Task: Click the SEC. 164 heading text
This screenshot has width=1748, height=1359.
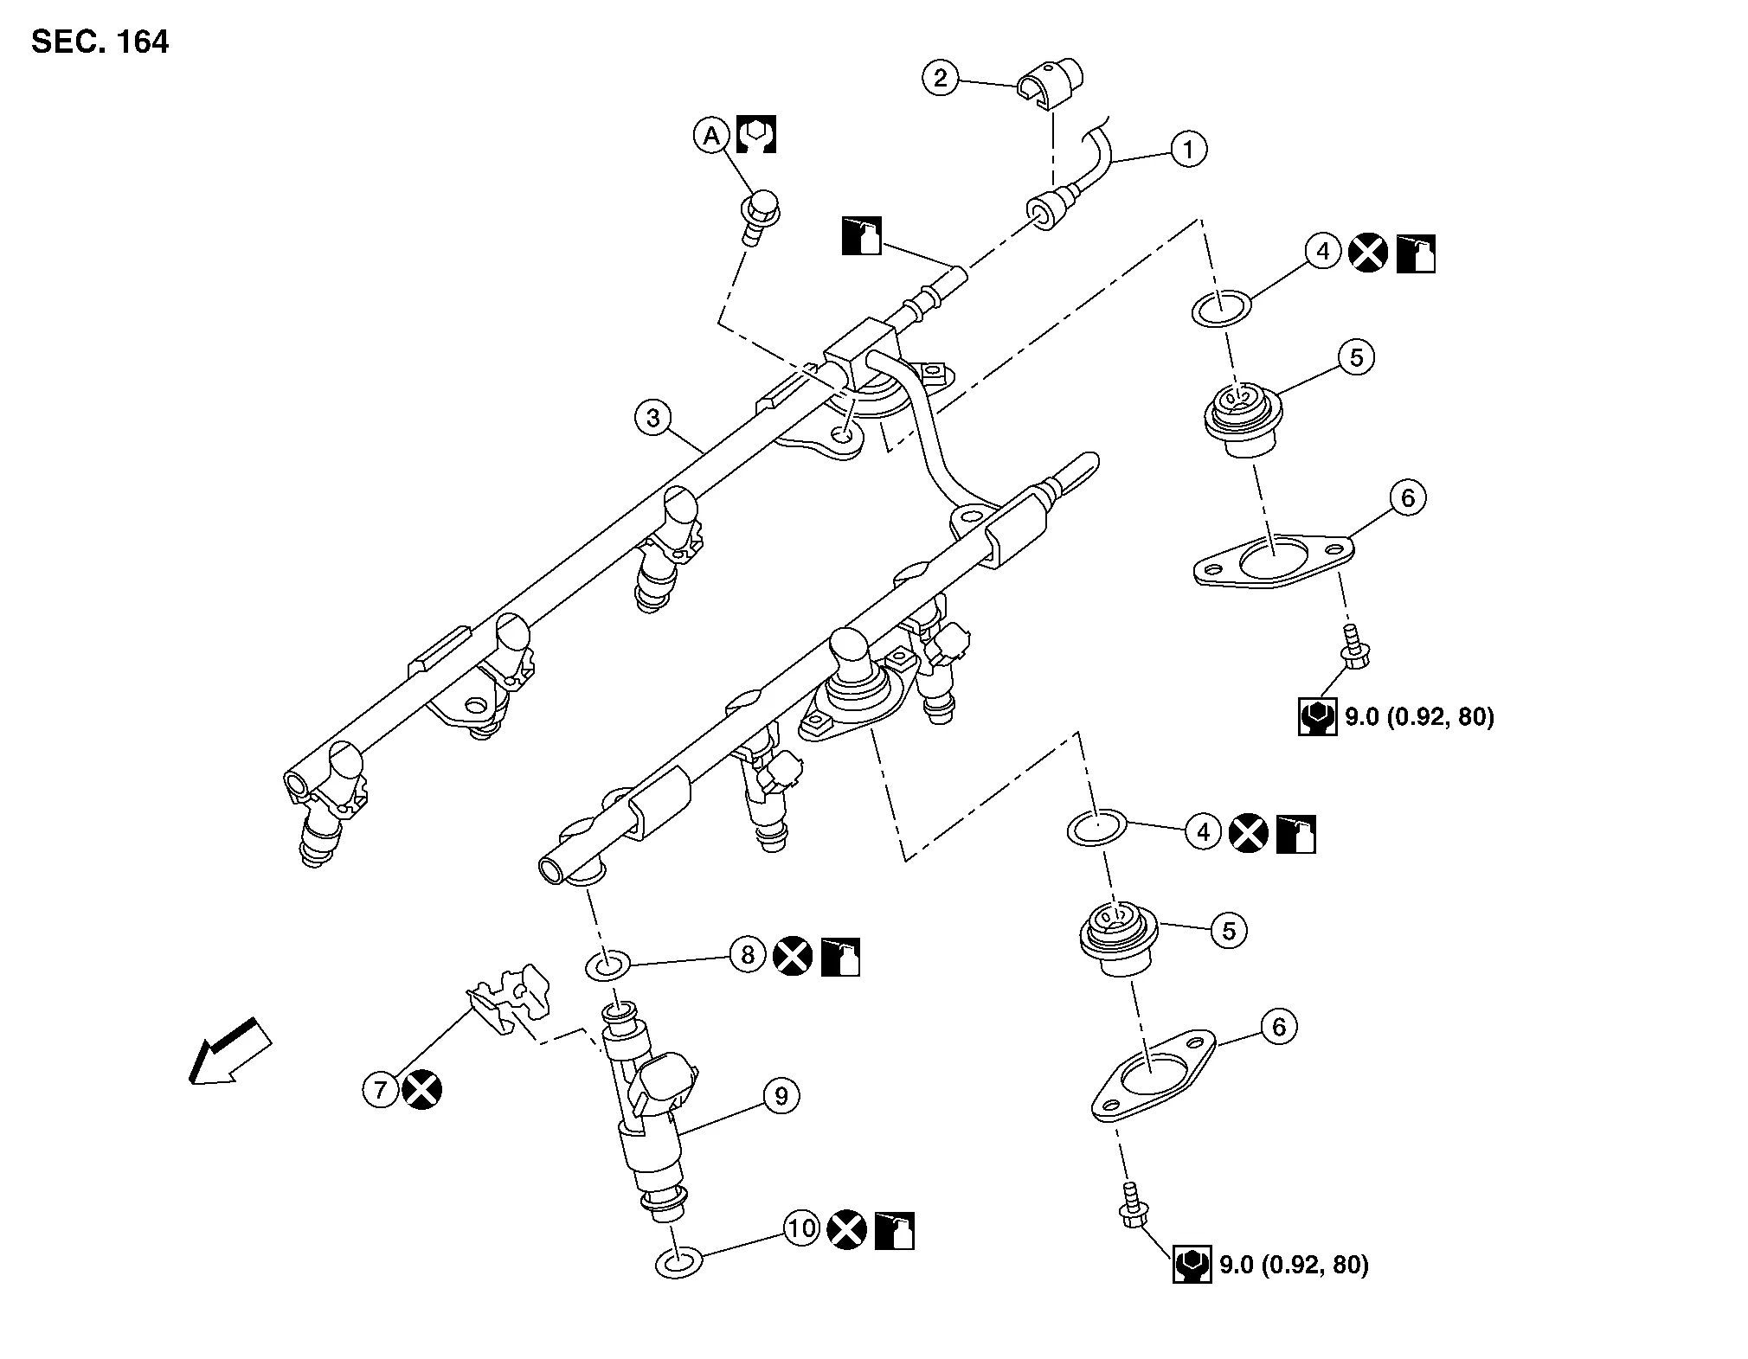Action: click(x=100, y=41)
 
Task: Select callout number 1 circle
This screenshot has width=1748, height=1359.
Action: click(x=1188, y=149)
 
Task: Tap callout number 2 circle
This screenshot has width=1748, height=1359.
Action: click(x=941, y=79)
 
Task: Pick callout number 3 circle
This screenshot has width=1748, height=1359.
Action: click(x=653, y=419)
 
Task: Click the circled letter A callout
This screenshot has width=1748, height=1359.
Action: click(x=711, y=136)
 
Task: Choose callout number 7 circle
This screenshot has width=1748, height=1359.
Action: click(x=381, y=1089)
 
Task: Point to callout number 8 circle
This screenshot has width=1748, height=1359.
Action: click(x=749, y=955)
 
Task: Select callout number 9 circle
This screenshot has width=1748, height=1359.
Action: click(x=781, y=1096)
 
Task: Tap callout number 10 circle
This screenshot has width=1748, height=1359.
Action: click(x=802, y=1228)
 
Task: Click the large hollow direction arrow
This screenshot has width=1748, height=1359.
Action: click(x=229, y=1052)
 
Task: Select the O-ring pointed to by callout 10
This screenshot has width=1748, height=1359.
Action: click(x=678, y=1262)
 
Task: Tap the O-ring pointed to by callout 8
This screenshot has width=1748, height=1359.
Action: click(x=609, y=964)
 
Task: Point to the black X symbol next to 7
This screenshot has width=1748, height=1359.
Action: click(x=422, y=1089)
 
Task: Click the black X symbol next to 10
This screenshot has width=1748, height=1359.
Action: click(x=847, y=1229)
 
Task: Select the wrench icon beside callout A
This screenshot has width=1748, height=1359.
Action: click(x=756, y=135)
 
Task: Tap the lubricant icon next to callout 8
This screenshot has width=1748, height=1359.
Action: click(x=840, y=956)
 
